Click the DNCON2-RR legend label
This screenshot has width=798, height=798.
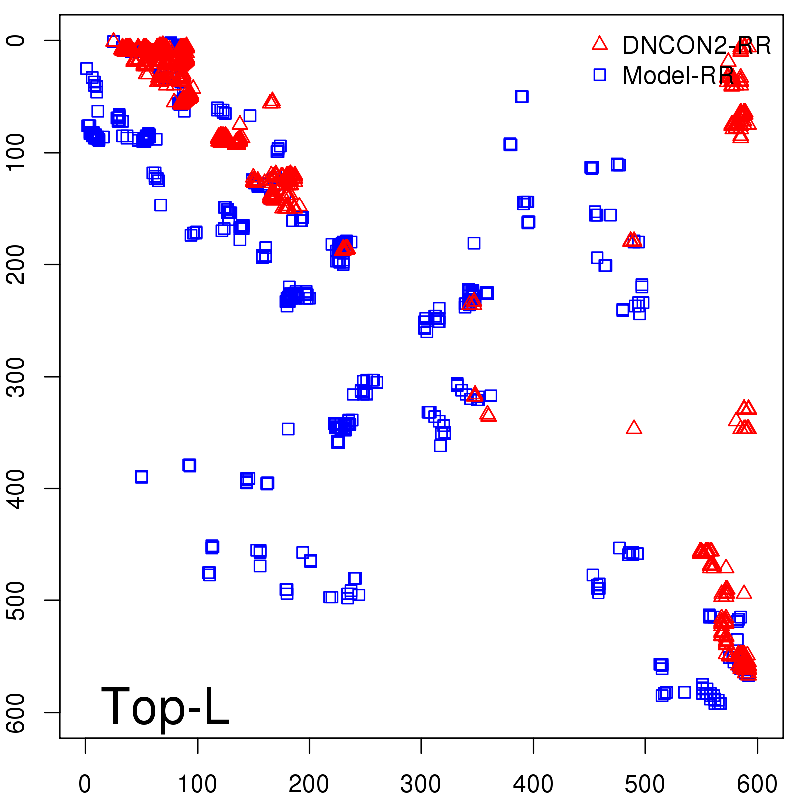pos(696,45)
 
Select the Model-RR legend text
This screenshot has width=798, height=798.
pos(678,75)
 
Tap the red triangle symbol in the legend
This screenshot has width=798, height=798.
pos(599,43)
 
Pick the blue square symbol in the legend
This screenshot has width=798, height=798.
pos(599,75)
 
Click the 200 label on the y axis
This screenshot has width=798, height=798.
pos(17,264)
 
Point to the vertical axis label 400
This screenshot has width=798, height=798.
pos(17,488)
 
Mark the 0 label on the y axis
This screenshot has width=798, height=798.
pos(17,40)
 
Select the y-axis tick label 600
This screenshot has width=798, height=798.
pos(17,712)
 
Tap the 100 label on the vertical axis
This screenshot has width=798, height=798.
pos(17,152)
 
